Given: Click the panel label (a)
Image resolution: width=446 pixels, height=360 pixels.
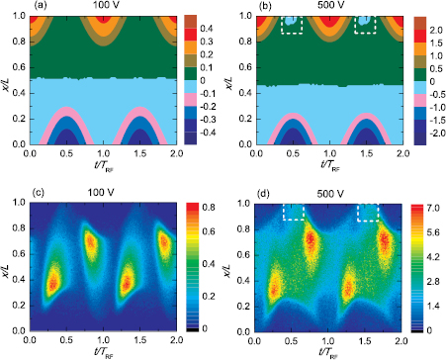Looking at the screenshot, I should (12, 7).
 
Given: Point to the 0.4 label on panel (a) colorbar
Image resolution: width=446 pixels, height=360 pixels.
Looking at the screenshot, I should (206, 31).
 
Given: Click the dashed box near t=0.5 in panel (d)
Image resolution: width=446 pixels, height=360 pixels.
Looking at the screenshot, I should (294, 212).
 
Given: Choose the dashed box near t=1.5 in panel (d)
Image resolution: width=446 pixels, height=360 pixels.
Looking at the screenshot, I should (366, 212).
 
